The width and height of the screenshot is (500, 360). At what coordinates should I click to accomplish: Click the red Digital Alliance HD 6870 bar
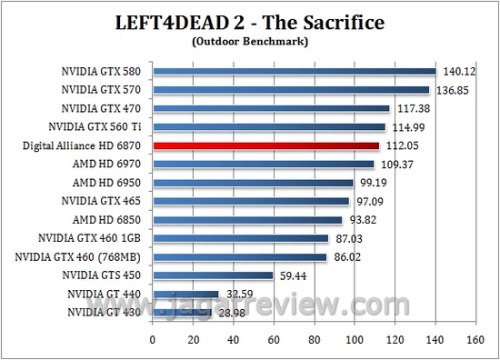pyautogui.click(x=265, y=145)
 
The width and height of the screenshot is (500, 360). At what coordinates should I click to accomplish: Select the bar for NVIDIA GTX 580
pyautogui.click(x=295, y=71)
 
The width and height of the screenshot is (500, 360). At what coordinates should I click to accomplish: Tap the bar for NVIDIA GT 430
pyautogui.click(x=182, y=313)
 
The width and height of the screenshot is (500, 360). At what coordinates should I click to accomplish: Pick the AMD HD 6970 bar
pyautogui.click(x=263, y=165)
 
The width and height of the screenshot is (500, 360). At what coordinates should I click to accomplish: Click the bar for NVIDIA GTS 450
pyautogui.click(x=213, y=275)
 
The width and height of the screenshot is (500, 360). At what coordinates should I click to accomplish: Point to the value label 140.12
pyautogui.click(x=459, y=71)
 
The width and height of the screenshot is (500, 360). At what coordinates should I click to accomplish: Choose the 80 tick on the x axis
pyautogui.click(x=313, y=340)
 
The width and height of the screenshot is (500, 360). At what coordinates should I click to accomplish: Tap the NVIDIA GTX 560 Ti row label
pyautogui.click(x=95, y=127)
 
